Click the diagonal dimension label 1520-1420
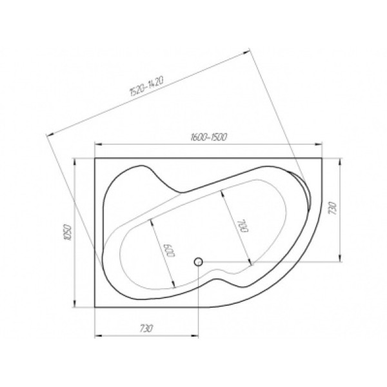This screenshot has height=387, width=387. (x=145, y=87)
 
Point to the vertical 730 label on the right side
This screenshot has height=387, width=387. (x=332, y=208)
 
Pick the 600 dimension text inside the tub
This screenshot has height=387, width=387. (x=169, y=250)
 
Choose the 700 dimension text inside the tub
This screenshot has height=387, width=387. (x=242, y=227)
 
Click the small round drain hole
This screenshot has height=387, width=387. (x=199, y=261)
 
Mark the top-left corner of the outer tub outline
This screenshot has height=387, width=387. (x=95, y=157)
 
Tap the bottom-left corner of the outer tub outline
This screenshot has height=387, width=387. (x=95, y=307)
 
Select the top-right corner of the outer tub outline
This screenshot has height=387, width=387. (x=322, y=157)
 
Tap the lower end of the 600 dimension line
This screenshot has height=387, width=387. (x=174, y=286)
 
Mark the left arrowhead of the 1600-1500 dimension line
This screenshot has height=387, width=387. (x=97, y=143)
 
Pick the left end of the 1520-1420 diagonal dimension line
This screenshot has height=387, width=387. (x=48, y=133)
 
